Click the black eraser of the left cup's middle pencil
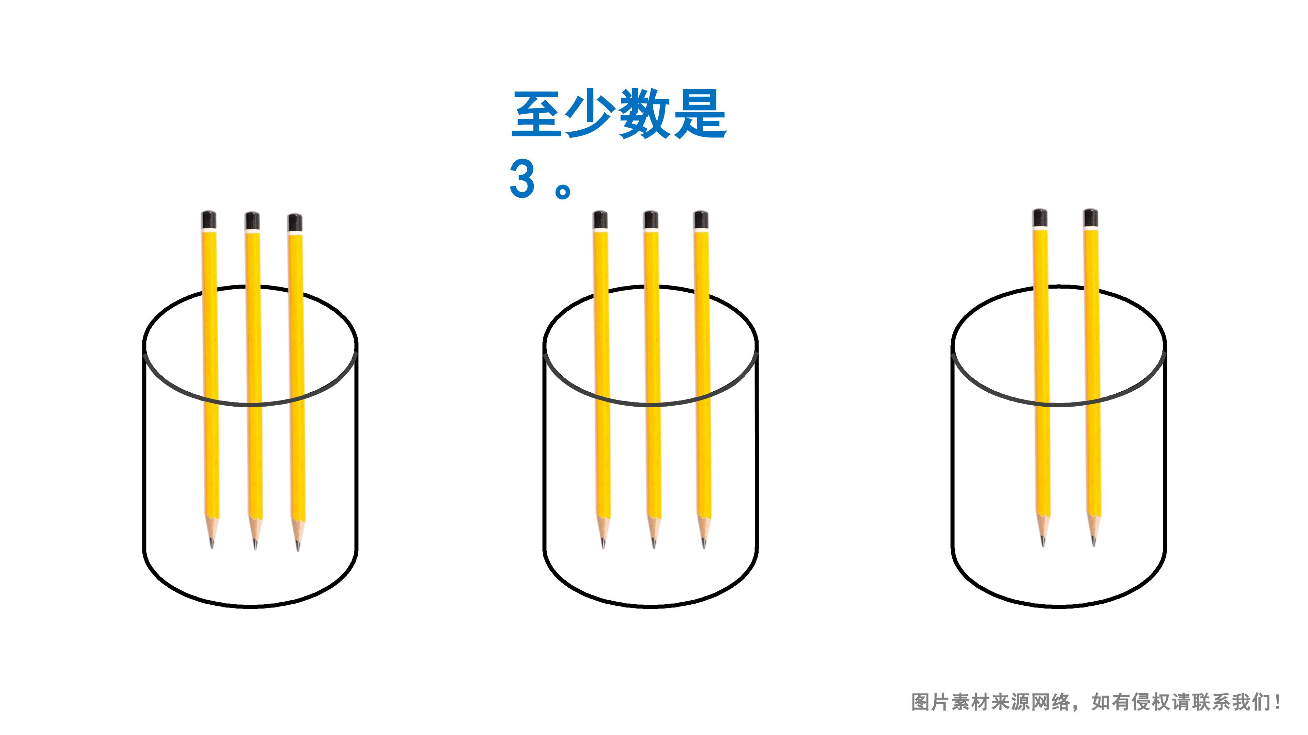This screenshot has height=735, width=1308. point(252,221)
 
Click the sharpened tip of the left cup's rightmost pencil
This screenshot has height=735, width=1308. point(298,549)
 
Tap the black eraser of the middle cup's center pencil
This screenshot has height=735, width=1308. point(651,220)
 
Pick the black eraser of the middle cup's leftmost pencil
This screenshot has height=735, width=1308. point(600,220)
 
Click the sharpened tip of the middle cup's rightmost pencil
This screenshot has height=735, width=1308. point(704,547)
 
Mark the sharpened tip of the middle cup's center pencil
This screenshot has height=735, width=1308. point(654,547)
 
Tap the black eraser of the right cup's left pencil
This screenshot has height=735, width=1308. point(1040,218)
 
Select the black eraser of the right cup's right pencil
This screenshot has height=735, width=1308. point(1091,218)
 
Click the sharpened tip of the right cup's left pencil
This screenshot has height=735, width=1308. point(1043,545)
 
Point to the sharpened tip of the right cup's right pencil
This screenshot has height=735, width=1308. point(1093,545)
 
